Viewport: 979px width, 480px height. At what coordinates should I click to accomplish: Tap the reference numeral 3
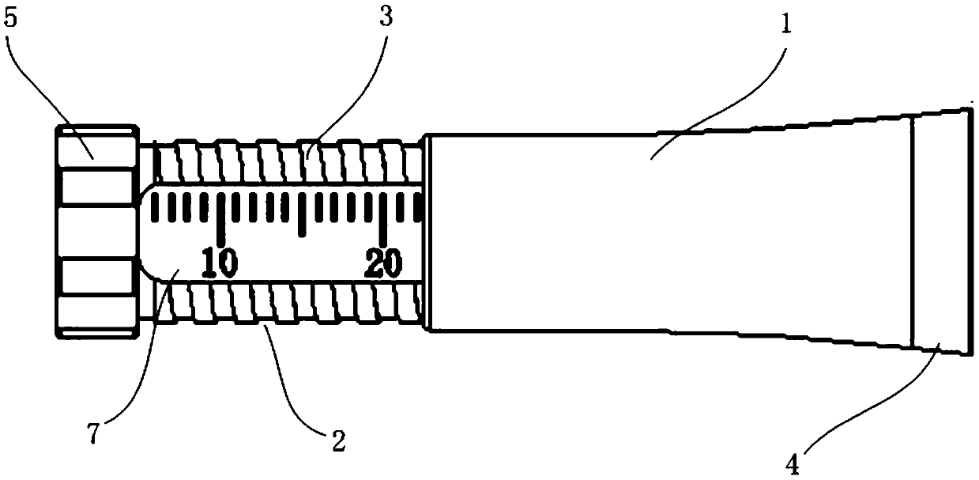pos(386,17)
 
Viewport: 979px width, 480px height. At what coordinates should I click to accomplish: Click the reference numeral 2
pos(338,440)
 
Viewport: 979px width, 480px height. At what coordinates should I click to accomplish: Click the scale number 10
pos(218,263)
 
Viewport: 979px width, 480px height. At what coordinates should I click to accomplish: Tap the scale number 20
pos(383,263)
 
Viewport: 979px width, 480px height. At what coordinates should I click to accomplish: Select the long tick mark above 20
pos(383,218)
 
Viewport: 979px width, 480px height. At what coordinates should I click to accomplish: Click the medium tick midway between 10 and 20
pos(302,214)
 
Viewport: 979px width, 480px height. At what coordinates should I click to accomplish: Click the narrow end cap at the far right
pos(939,232)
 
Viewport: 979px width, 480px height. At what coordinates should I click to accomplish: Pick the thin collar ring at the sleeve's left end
pos(427,231)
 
